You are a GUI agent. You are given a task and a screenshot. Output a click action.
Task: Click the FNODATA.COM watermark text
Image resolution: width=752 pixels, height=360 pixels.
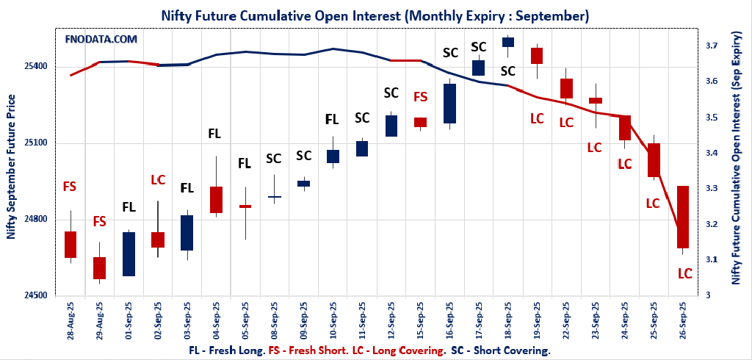(101, 39)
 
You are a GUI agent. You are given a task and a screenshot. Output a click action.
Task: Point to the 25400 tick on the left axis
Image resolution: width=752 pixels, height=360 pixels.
(36, 66)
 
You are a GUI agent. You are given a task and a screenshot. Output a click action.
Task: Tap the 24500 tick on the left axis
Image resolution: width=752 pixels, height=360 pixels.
(36, 295)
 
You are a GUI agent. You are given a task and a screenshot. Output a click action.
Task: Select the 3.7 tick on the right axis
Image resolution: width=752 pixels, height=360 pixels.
(711, 46)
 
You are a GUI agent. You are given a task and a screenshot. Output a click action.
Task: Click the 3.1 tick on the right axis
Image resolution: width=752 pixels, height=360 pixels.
(711, 259)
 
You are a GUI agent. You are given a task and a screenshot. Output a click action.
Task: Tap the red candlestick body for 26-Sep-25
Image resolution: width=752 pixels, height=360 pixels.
(683, 217)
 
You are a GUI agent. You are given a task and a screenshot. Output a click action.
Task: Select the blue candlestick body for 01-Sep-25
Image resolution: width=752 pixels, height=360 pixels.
(129, 253)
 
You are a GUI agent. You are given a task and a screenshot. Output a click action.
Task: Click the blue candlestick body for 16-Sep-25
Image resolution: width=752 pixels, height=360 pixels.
(450, 103)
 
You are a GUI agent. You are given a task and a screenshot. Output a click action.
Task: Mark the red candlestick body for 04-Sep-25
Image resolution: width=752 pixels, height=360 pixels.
(216, 199)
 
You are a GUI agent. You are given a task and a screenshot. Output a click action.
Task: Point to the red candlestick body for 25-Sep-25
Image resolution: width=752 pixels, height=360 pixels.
(654, 160)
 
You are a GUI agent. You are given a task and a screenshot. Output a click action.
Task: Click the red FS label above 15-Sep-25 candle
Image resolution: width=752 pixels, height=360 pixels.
(420, 96)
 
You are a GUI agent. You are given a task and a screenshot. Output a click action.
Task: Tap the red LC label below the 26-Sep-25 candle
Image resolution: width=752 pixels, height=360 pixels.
(684, 273)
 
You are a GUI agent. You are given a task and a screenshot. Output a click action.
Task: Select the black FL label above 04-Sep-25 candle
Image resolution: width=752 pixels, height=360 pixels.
(214, 134)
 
